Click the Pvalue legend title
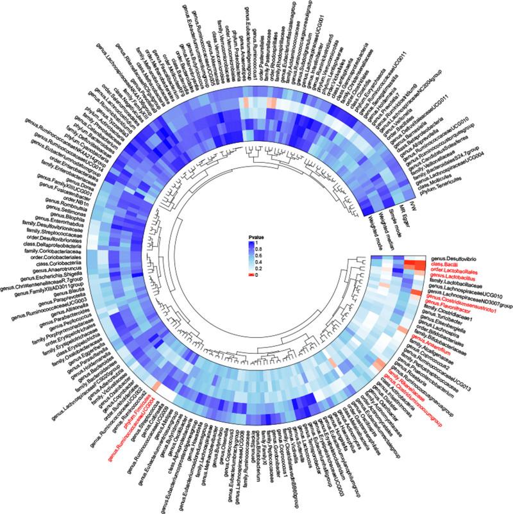click(x=257, y=238)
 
